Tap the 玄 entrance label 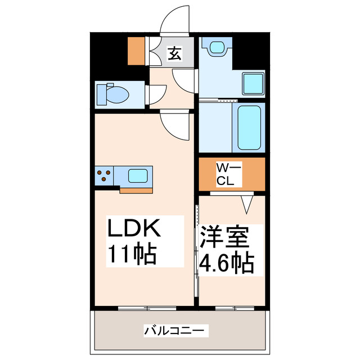pyautogui.click(x=175, y=55)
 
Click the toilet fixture pyautogui.click(x=113, y=94)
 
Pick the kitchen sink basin pyautogui.click(x=137, y=175)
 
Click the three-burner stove pyautogui.click(x=103, y=175)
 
